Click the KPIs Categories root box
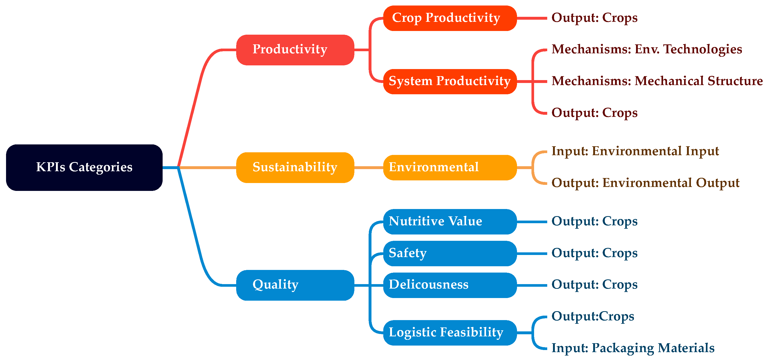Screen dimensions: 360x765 click(x=84, y=167)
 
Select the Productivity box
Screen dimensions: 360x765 click(x=295, y=50)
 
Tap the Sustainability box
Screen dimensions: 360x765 click(x=295, y=167)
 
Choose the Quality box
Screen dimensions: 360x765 click(x=295, y=285)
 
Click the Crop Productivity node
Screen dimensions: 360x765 click(x=449, y=18)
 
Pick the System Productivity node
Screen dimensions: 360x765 click(x=449, y=81)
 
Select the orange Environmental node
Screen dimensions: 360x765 click(x=449, y=167)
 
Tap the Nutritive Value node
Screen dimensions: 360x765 click(x=449, y=221)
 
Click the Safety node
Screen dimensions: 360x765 click(x=449, y=253)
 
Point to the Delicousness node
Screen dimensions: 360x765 click(x=449, y=285)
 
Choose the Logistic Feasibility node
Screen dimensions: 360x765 click(x=449, y=332)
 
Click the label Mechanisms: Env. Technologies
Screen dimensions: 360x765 click(x=647, y=49)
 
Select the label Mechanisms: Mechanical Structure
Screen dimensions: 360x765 click(x=657, y=81)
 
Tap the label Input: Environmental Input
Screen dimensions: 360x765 click(x=635, y=151)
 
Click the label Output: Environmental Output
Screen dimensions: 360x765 click(x=645, y=183)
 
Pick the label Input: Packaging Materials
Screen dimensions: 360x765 click(x=633, y=348)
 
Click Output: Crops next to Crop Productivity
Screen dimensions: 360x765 click(x=594, y=18)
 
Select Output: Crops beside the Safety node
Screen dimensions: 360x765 click(x=594, y=253)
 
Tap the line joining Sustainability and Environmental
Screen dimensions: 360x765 click(x=369, y=167)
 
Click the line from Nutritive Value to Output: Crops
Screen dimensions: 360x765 click(x=531, y=221)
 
